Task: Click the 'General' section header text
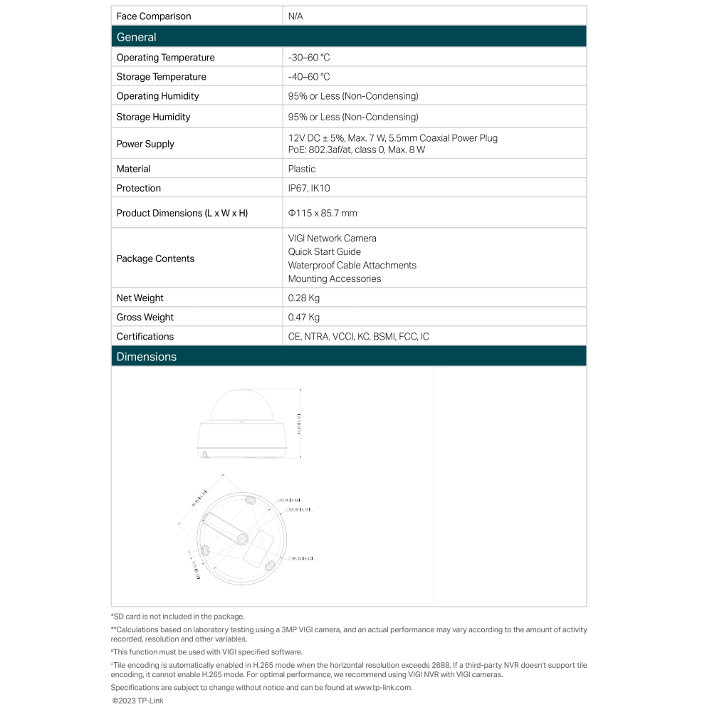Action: [136, 37]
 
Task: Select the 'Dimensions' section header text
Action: [146, 357]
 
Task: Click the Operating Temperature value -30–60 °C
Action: [309, 58]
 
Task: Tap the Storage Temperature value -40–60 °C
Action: [309, 77]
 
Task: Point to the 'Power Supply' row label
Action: [145, 144]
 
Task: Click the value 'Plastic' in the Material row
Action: [302, 169]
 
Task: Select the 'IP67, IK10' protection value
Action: [309, 188]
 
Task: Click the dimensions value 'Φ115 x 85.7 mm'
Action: [323, 213]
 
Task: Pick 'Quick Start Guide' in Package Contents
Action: [325, 252]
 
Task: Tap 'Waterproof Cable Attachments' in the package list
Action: [352, 266]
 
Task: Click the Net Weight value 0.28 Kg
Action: [304, 298]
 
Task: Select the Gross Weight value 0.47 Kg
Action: [304, 318]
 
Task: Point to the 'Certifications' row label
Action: [145, 337]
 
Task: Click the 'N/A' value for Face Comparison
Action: [295, 16]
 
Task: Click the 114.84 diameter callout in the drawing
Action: [298, 510]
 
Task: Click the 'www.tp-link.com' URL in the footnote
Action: [382, 688]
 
